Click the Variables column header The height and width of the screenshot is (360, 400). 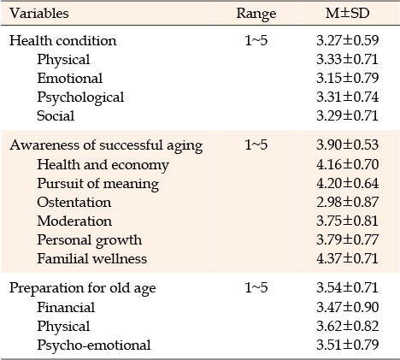point(39,13)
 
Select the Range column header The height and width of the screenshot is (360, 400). point(256,14)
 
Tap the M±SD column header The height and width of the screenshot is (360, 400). point(347,13)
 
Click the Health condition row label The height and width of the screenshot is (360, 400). point(63,40)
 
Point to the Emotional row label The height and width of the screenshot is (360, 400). point(70,78)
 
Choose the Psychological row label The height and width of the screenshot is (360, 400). point(80,97)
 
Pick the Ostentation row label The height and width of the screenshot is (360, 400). point(74,202)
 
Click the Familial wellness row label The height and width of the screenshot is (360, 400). point(92,258)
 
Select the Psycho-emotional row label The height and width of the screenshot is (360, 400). point(94,345)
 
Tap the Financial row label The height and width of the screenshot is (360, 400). point(66,307)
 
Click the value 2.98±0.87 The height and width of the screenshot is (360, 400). point(347,202)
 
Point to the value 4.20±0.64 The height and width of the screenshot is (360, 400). point(347,183)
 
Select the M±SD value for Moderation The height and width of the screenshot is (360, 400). point(347,221)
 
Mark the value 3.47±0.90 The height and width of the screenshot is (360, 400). point(347,307)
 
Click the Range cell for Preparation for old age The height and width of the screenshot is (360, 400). point(256,288)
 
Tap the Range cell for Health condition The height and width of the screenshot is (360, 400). point(256,40)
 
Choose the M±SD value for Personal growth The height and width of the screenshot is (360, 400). point(347,239)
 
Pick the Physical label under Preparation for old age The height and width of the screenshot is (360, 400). point(63,327)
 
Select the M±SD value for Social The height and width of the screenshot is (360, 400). point(347,115)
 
